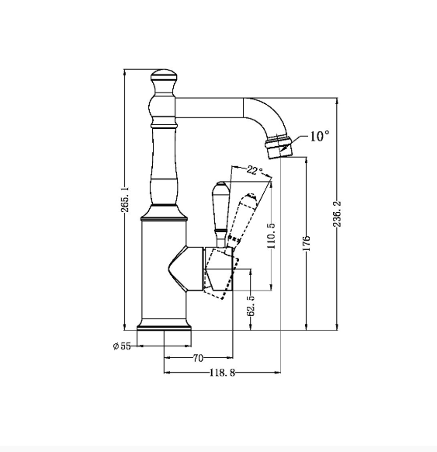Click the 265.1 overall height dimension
[x=125, y=200]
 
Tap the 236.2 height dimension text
[x=338, y=214]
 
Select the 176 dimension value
[x=307, y=243]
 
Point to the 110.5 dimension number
[x=272, y=235]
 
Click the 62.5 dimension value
[x=251, y=306]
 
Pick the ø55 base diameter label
[x=122, y=346]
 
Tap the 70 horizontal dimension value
[x=198, y=358]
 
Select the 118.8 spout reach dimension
[x=222, y=373]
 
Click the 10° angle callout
[x=320, y=136]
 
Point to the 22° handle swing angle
[x=254, y=170]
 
